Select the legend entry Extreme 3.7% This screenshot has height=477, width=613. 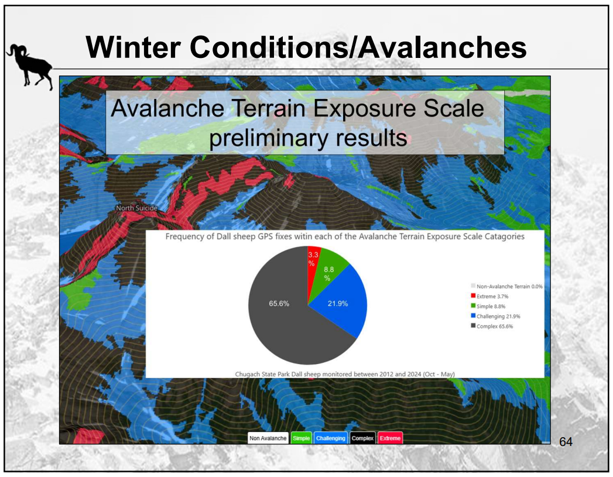491,296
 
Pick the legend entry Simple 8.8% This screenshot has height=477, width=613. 491,306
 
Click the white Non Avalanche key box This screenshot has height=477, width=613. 268,438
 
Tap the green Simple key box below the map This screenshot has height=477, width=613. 301,438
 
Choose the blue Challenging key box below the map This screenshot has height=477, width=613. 330,438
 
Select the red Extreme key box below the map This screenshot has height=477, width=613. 389,438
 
